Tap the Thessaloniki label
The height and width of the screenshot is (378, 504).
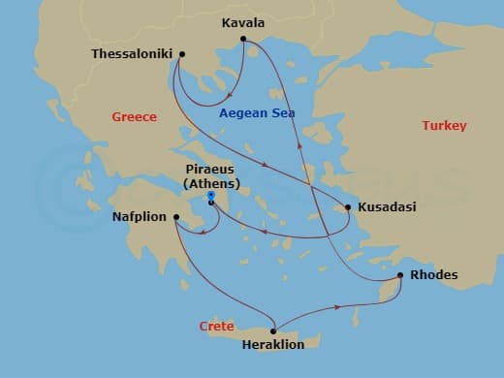[132, 54]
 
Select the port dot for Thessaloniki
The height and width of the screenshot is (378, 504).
[182, 54]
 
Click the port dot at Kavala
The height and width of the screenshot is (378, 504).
[243, 40]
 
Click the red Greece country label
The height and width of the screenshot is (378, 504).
[134, 116]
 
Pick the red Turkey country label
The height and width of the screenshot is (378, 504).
[444, 126]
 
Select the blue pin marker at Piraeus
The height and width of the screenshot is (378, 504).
[210, 200]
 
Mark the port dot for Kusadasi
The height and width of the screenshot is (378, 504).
[348, 206]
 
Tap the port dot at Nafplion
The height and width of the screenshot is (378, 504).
[175, 217]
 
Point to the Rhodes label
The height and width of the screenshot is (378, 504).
[433, 275]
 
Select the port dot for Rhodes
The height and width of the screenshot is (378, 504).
[400, 276]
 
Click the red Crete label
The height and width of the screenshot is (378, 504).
[216, 327]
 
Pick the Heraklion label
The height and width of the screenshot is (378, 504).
[273, 344]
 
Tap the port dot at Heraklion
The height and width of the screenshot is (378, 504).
[277, 329]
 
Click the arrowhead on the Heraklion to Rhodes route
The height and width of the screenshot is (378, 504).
[336, 307]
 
